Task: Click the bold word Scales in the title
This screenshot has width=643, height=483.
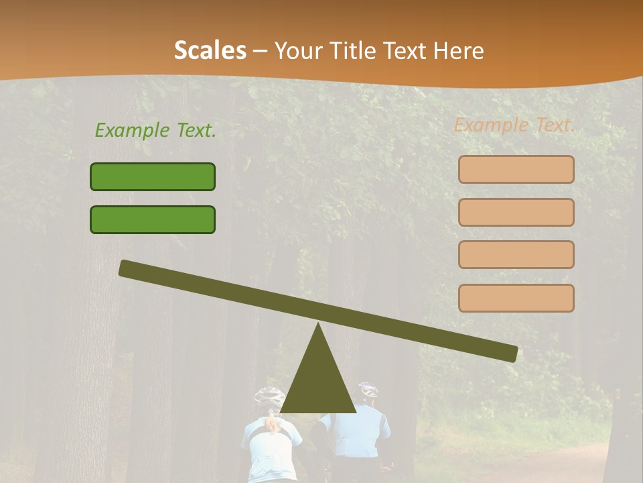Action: pyautogui.click(x=210, y=50)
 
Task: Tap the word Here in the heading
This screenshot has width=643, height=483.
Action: pyautogui.click(x=459, y=50)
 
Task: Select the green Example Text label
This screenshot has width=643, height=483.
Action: pyautogui.click(x=155, y=130)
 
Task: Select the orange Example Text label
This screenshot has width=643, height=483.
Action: pyautogui.click(x=514, y=125)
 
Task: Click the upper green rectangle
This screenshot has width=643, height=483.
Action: pyautogui.click(x=153, y=176)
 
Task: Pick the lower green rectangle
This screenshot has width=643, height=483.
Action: pyautogui.click(x=153, y=219)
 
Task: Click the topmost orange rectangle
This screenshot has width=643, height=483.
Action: pyautogui.click(x=516, y=169)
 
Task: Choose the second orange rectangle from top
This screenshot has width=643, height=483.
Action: pyautogui.click(x=516, y=212)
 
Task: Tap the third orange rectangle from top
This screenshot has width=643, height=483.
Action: pyautogui.click(x=516, y=254)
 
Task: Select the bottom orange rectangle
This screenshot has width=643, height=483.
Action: pyautogui.click(x=516, y=298)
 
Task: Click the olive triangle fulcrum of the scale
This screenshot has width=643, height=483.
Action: pyautogui.click(x=318, y=382)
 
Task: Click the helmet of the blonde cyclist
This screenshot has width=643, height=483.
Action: pyautogui.click(x=269, y=396)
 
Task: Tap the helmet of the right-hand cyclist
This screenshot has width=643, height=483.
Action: pyautogui.click(x=368, y=389)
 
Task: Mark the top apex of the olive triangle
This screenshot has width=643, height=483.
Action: pyautogui.click(x=318, y=326)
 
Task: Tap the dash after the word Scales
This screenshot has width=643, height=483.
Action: pyautogui.click(x=261, y=51)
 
